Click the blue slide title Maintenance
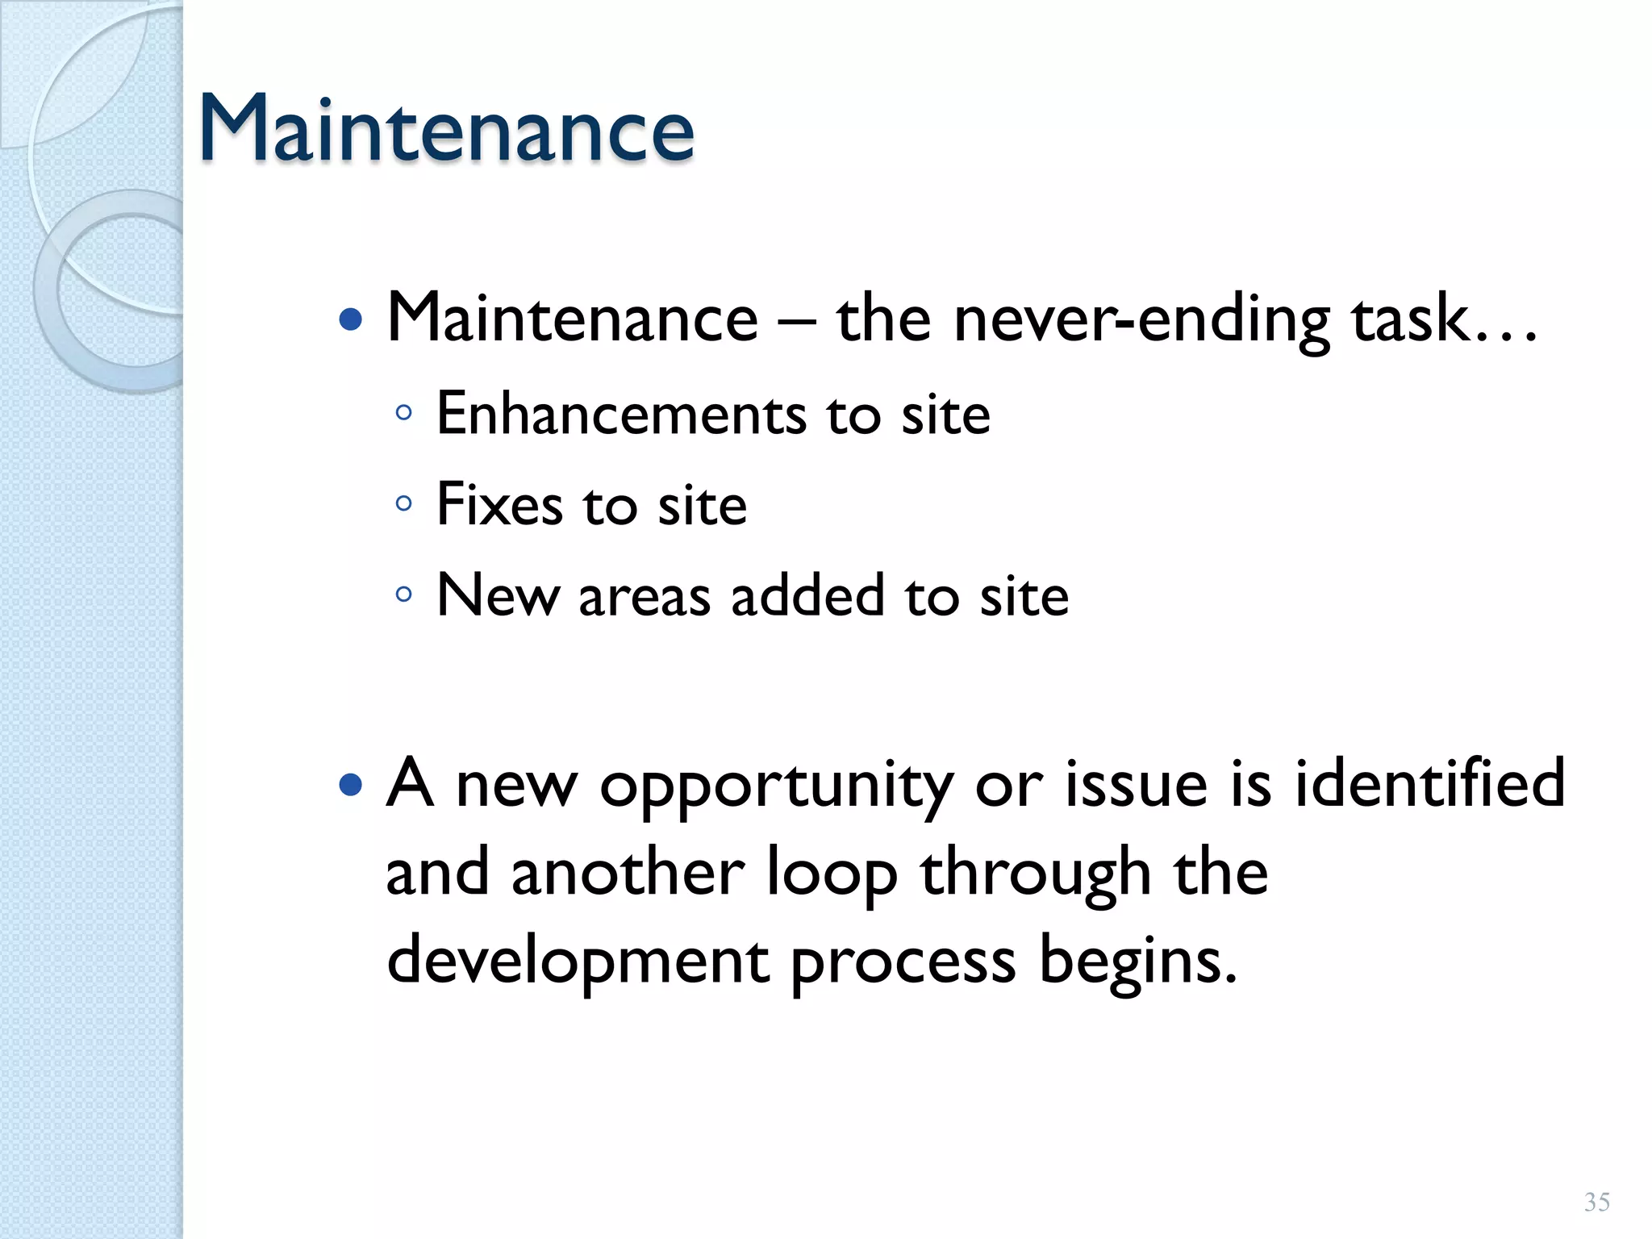[446, 129]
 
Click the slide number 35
[1596, 1202]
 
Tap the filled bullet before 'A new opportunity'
[351, 784]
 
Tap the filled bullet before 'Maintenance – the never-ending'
[351, 320]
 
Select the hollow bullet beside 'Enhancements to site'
[404, 414]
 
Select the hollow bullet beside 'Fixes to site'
[404, 505]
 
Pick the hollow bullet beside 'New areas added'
[404, 595]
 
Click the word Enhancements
[621, 414]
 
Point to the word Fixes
[499, 505]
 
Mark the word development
[578, 962]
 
